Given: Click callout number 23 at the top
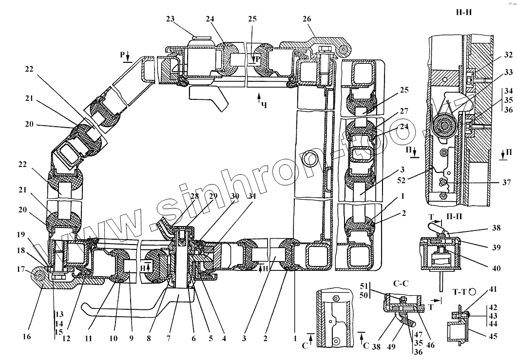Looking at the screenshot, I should coord(170,19).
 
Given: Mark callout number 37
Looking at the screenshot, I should coord(507,183).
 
